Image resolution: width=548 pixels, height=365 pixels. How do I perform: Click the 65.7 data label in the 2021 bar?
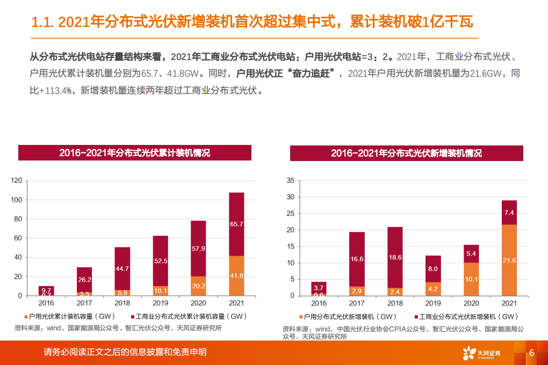tap(236, 224)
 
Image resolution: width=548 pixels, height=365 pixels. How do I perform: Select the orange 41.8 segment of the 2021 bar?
tap(236, 276)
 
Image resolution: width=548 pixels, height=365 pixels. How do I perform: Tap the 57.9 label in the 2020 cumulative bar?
tap(198, 249)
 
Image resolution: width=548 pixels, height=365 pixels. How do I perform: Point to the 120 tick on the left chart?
tap(16, 181)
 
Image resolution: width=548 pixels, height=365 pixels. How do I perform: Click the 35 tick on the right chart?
tap(290, 181)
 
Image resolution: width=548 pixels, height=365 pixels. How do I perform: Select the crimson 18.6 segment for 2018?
tap(395, 257)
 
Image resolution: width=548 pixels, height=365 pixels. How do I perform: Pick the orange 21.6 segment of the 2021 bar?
tap(509, 260)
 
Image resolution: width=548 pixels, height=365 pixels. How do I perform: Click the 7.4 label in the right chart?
tap(509, 213)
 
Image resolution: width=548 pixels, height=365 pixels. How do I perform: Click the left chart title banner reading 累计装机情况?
tap(134, 153)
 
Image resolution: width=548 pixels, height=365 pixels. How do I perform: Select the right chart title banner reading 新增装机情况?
tap(406, 153)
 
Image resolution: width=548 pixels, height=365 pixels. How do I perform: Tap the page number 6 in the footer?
tap(531, 353)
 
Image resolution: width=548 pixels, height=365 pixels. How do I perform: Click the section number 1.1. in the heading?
tap(43, 23)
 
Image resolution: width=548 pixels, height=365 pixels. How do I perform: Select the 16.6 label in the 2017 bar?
tap(357, 259)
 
